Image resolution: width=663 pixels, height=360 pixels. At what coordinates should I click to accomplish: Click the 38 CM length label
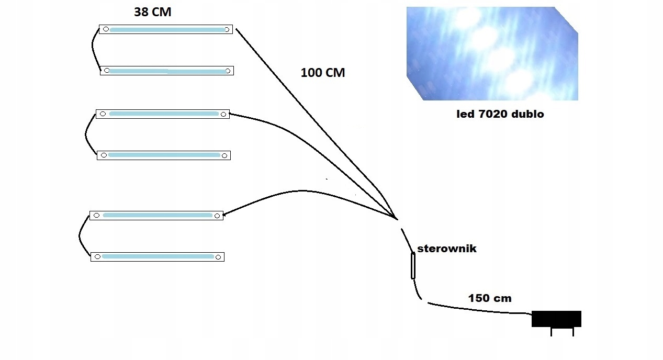(x=152, y=12)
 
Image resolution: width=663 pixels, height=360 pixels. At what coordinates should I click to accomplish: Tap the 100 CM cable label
(x=322, y=73)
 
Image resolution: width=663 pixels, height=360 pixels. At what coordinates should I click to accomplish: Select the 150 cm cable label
(x=489, y=298)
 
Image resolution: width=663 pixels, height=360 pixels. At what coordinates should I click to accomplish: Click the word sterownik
(x=446, y=249)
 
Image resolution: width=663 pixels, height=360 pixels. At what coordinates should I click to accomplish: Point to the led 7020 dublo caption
(x=500, y=114)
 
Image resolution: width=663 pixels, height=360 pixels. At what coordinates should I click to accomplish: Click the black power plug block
(x=556, y=319)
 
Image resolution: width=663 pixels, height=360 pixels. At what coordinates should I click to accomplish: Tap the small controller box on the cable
(x=413, y=265)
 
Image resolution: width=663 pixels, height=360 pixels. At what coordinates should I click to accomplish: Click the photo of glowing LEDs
(x=492, y=53)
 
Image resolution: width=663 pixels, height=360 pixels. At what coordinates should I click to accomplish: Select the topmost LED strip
(x=166, y=29)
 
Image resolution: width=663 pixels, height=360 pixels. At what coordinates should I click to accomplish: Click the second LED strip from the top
(x=167, y=71)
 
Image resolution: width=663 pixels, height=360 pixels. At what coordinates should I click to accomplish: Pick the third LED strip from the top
(x=162, y=114)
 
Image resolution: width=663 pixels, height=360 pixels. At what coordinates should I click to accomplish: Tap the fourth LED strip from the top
(x=163, y=155)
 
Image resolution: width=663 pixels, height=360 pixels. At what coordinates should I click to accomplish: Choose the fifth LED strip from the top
(x=156, y=215)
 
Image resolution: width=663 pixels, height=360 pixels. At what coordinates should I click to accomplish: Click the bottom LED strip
(x=157, y=257)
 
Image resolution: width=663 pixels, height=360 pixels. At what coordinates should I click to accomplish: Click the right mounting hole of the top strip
(x=227, y=29)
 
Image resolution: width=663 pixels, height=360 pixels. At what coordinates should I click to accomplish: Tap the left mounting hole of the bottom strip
(x=96, y=257)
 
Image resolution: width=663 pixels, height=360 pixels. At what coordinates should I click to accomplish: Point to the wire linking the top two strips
(x=94, y=50)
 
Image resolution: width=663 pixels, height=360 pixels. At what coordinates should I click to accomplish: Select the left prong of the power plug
(x=551, y=332)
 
